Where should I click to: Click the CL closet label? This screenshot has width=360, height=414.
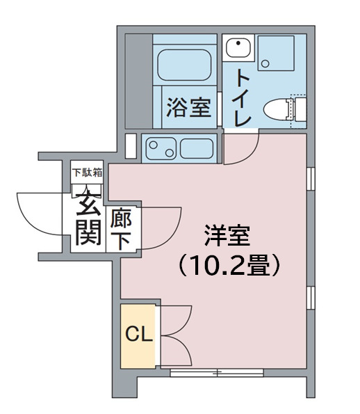pos(138,335)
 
